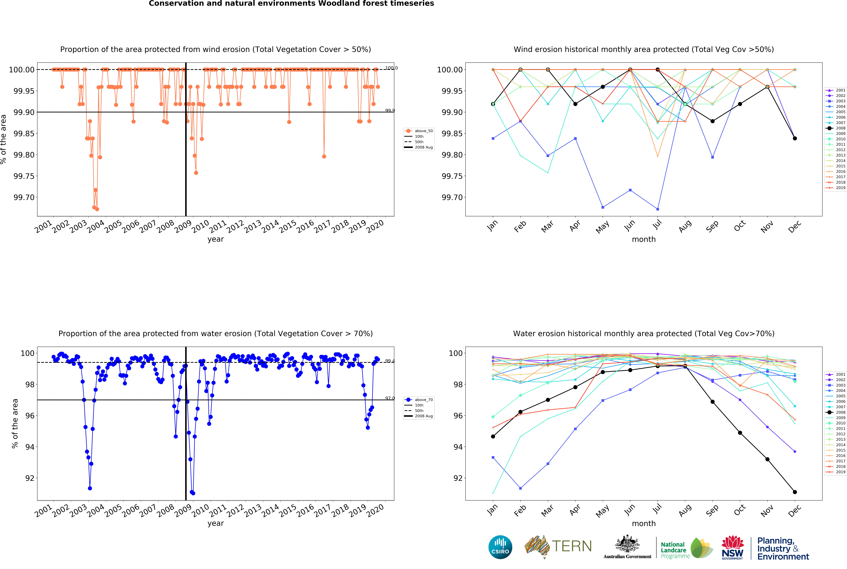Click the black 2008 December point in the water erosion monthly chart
tap(795, 492)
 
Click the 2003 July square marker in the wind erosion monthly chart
tap(658, 209)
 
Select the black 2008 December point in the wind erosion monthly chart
tap(795, 138)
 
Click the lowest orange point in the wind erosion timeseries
tap(97, 209)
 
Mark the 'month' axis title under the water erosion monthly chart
tap(644, 523)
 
